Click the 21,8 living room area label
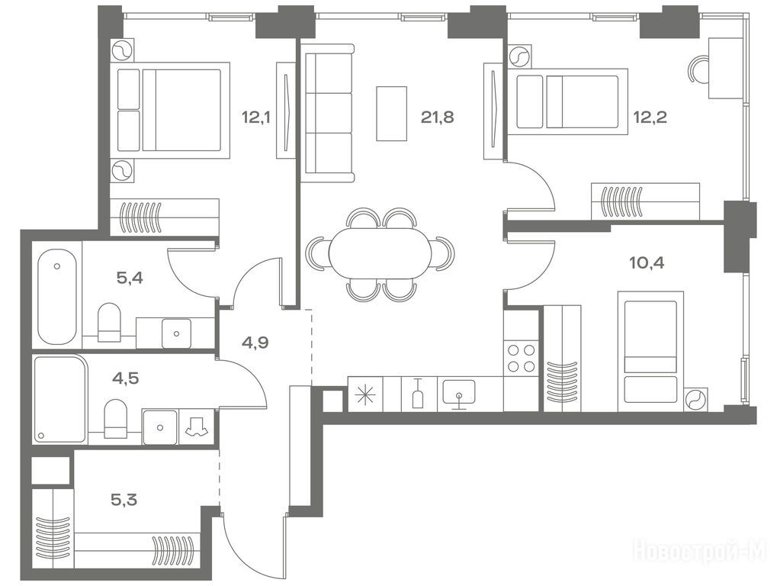tap(438, 118)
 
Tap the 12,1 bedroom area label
tap(256, 118)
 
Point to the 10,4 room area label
tap(647, 262)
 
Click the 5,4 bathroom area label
tap(130, 278)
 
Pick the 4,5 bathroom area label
tap(125, 378)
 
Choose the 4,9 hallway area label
tap(255, 342)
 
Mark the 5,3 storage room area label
tap(124, 500)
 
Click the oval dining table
tap(380, 253)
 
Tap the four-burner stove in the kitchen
tap(522, 359)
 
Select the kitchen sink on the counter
tap(459, 393)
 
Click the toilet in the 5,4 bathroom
tap(109, 322)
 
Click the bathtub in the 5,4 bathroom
tap(57, 297)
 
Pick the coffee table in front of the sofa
tap(391, 114)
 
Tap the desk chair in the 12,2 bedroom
tap(698, 69)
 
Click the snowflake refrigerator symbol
tap(368, 394)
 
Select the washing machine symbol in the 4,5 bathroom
tap(197, 426)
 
